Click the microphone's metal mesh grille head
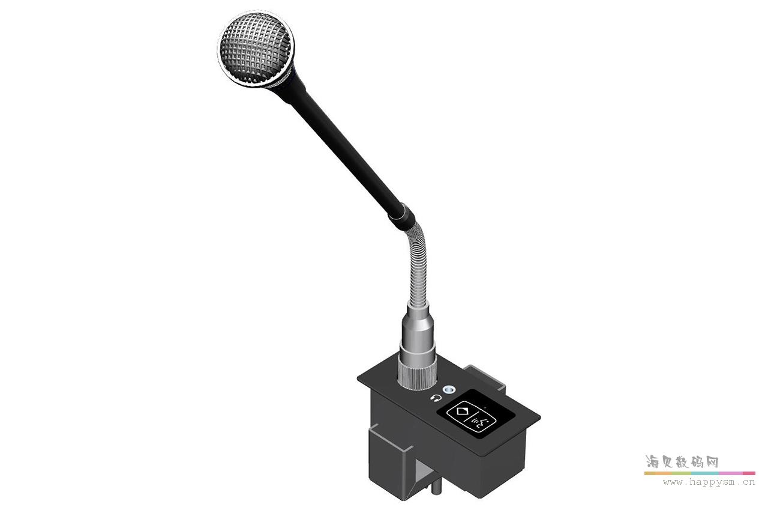coord(255,48)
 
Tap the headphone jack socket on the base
coord(446,391)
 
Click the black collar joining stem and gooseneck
coord(401,214)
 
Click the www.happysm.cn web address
coord(708,481)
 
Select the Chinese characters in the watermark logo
coord(682,462)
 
